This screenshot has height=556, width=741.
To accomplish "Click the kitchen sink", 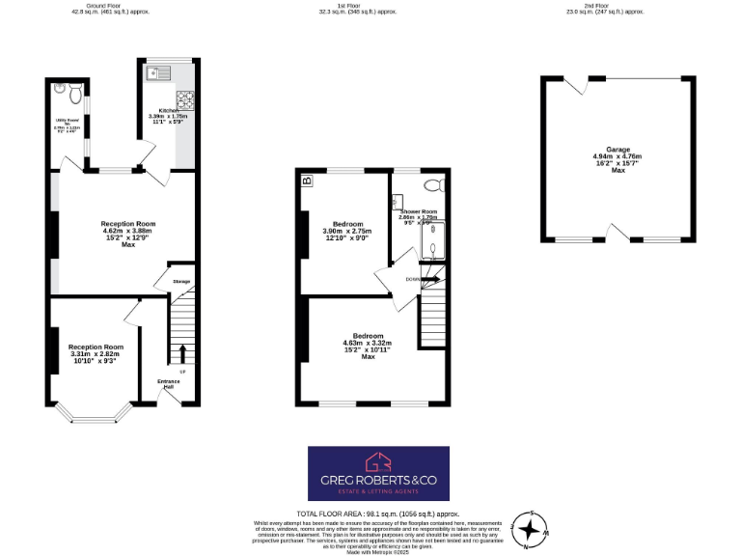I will click(x=158, y=71).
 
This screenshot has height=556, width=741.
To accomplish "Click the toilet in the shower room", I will click(x=432, y=183).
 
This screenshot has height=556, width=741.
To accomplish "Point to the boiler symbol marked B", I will click(x=307, y=181).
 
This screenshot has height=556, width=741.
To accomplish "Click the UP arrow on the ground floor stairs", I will click(x=181, y=352).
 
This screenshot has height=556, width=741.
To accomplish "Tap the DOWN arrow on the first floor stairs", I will click(x=429, y=279).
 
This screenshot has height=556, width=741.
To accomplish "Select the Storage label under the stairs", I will click(x=181, y=281).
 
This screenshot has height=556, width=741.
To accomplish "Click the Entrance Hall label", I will click(x=169, y=384).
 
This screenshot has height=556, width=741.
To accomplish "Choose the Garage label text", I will click(x=617, y=150).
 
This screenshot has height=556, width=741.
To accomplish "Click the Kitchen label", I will click(x=157, y=111).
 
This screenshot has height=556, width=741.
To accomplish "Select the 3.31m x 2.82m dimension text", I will click(x=96, y=354).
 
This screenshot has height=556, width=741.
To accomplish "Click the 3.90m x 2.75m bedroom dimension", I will click(x=346, y=231).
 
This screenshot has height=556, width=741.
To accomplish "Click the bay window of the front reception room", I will click(x=95, y=416).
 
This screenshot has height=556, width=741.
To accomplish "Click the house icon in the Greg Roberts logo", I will click(x=377, y=461).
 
